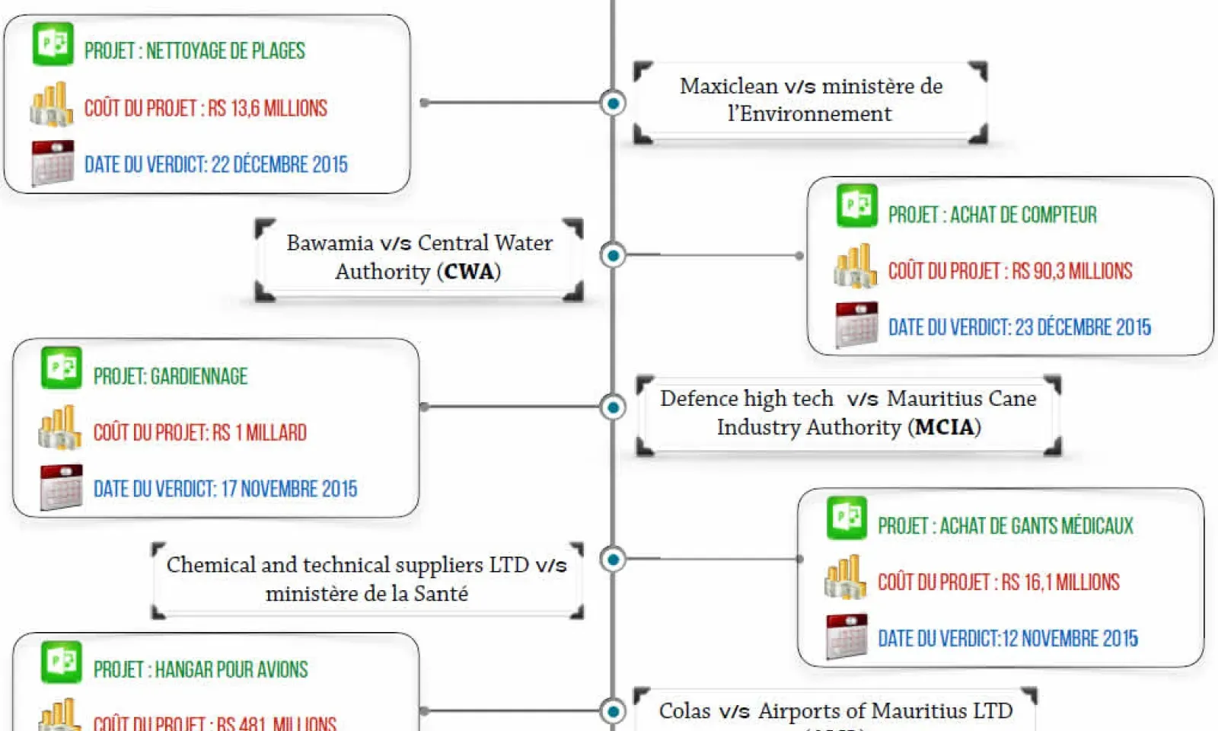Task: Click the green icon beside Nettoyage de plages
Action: point(53,44)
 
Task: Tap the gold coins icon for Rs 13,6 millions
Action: point(51,104)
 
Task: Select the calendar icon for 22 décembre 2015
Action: point(53,162)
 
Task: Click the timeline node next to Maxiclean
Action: point(613,103)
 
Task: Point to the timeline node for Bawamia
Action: point(613,255)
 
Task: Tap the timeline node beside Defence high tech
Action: point(613,407)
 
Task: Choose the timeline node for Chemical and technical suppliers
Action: point(613,560)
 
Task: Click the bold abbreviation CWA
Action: point(469,272)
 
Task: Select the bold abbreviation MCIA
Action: point(944,427)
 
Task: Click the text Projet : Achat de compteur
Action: point(992,215)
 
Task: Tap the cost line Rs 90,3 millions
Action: point(1010,271)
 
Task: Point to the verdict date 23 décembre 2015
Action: point(1019,327)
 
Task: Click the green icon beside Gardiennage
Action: point(61,369)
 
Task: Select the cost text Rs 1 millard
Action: point(199,433)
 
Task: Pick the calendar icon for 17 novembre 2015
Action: point(61,487)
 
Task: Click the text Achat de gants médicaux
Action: point(1035,526)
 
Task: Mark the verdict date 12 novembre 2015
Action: point(1008,638)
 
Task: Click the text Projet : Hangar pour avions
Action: point(200,669)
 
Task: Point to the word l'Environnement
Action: point(809,114)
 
